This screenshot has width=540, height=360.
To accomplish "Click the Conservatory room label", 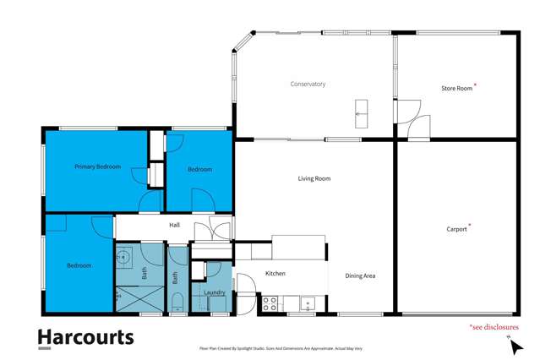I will click(x=308, y=84).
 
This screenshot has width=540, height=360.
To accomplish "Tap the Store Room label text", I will click(x=456, y=88).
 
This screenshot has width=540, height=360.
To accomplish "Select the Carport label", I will click(x=456, y=228).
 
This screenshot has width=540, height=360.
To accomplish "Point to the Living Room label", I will click(x=314, y=178).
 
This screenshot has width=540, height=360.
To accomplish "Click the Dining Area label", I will click(x=360, y=275).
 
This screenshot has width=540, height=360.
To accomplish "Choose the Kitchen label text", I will click(x=275, y=273).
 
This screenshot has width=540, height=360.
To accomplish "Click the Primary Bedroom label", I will click(x=97, y=166).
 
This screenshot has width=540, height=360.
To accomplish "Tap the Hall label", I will click(x=174, y=225).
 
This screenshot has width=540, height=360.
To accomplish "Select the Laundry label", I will click(x=214, y=292).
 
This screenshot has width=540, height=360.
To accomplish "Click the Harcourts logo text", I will click(x=85, y=337).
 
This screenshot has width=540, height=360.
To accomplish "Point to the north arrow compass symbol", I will click(x=513, y=345).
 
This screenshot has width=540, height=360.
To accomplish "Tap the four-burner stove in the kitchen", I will click(x=270, y=303).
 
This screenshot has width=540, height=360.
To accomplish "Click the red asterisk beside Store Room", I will click(x=476, y=85).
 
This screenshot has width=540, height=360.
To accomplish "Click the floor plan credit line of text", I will click(x=270, y=347).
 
